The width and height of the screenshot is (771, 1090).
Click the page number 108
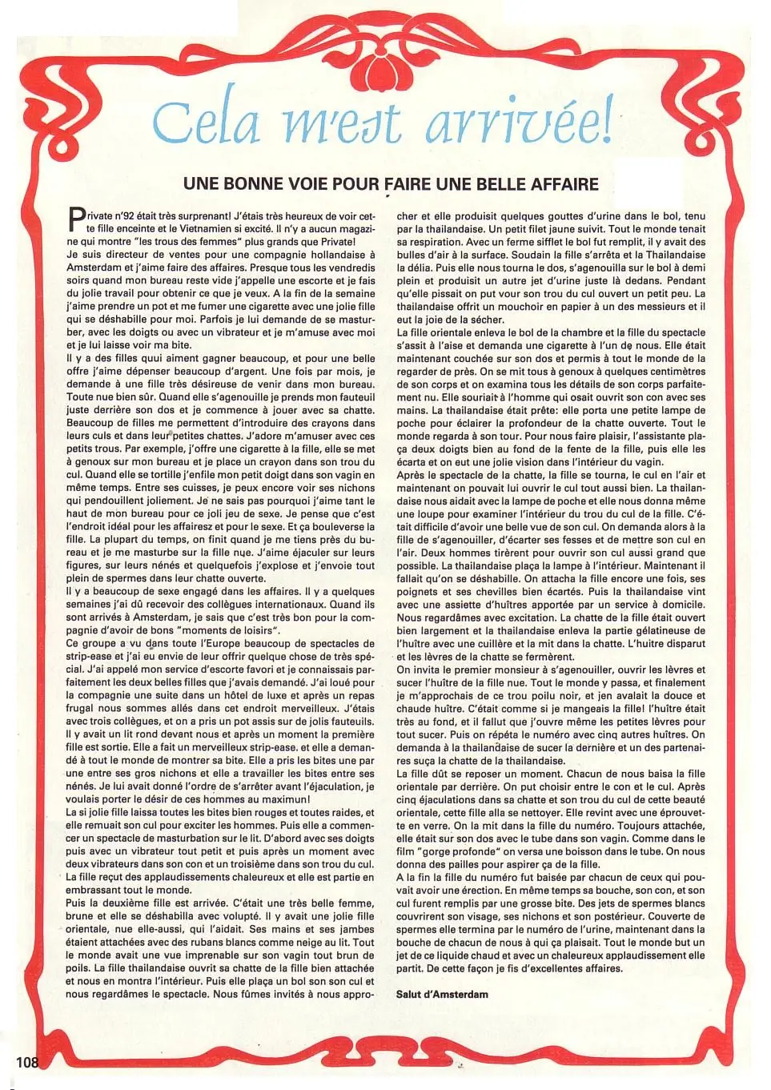point(26,1062)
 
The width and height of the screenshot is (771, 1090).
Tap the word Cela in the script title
point(207,122)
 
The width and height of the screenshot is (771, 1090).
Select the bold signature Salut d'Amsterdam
point(442,994)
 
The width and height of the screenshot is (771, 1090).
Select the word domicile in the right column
point(681,605)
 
